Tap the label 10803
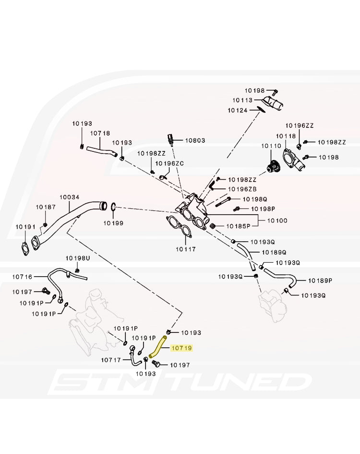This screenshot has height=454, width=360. [x=195, y=140]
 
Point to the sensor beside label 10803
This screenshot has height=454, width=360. [x=170, y=139]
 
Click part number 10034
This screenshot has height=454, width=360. [x=69, y=197]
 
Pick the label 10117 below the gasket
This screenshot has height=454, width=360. [x=186, y=249]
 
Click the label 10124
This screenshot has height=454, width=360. [x=238, y=110]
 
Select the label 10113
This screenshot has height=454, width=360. [x=242, y=100]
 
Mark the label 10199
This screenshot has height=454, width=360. [x=114, y=223]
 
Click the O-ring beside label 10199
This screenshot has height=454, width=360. [x=112, y=207]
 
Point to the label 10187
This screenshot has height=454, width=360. [x=46, y=207]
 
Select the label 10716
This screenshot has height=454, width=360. [x=22, y=276]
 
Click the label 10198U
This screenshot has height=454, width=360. [x=78, y=258]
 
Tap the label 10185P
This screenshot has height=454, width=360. [x=239, y=226]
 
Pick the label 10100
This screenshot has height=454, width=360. [x=277, y=221]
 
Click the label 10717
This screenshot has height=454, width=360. [x=111, y=359]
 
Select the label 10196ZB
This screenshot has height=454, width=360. [x=242, y=189]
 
